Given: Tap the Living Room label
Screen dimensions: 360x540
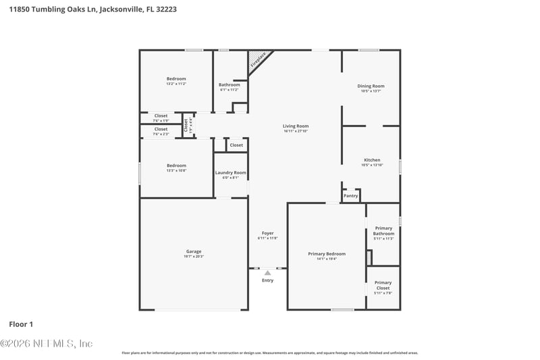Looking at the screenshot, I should click(x=295, y=126).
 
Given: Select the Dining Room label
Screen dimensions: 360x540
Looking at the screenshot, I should click(x=371, y=86).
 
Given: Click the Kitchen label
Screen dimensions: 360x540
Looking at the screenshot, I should click(x=372, y=160).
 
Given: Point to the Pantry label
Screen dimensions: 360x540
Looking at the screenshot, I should click(x=351, y=196).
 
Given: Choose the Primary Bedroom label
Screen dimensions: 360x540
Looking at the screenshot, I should click(x=327, y=254).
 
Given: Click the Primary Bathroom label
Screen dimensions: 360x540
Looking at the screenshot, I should click(x=383, y=230).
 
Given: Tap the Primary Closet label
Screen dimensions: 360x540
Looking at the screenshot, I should click(x=383, y=285).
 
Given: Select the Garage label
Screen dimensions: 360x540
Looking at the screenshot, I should click(x=194, y=251).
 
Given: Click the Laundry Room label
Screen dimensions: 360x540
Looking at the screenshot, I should click(x=231, y=173).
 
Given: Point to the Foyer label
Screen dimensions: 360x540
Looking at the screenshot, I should click(x=268, y=233).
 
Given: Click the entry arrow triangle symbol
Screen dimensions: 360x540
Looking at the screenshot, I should click(x=267, y=273).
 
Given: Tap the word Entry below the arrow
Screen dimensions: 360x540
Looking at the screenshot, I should click(x=268, y=280).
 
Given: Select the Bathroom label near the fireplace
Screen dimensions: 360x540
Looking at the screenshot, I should click(x=230, y=84).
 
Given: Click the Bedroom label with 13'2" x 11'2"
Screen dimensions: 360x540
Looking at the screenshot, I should click(x=176, y=79).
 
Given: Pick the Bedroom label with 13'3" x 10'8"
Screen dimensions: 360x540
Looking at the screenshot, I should click(x=176, y=165).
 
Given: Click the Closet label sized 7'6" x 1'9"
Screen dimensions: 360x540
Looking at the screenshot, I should click(x=161, y=115).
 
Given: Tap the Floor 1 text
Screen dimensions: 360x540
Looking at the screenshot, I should click(x=21, y=324).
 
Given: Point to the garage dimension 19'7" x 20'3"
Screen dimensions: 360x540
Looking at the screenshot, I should click(x=194, y=257).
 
